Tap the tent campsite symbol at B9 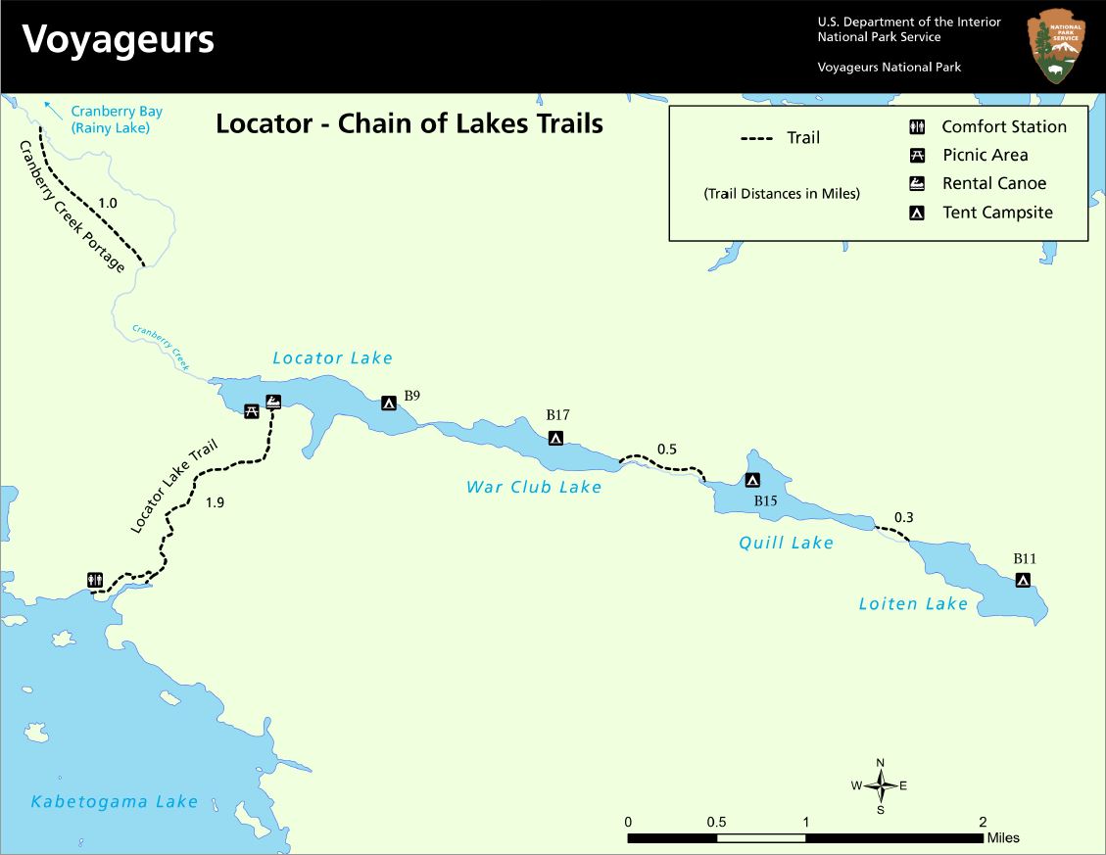point(389,403)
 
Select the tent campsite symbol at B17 point(555,438)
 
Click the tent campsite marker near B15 point(752,480)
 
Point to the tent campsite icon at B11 point(1023,580)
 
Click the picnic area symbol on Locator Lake point(252,410)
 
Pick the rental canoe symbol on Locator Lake point(273,402)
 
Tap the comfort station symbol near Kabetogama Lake point(95,580)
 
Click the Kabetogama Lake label point(115,801)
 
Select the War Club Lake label point(534,487)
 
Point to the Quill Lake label point(787,543)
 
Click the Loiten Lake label point(913,603)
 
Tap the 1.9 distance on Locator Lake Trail point(216,503)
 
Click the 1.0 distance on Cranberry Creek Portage point(108,204)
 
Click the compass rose point(881,784)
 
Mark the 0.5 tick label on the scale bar point(716,821)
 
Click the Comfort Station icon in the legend point(918,126)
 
